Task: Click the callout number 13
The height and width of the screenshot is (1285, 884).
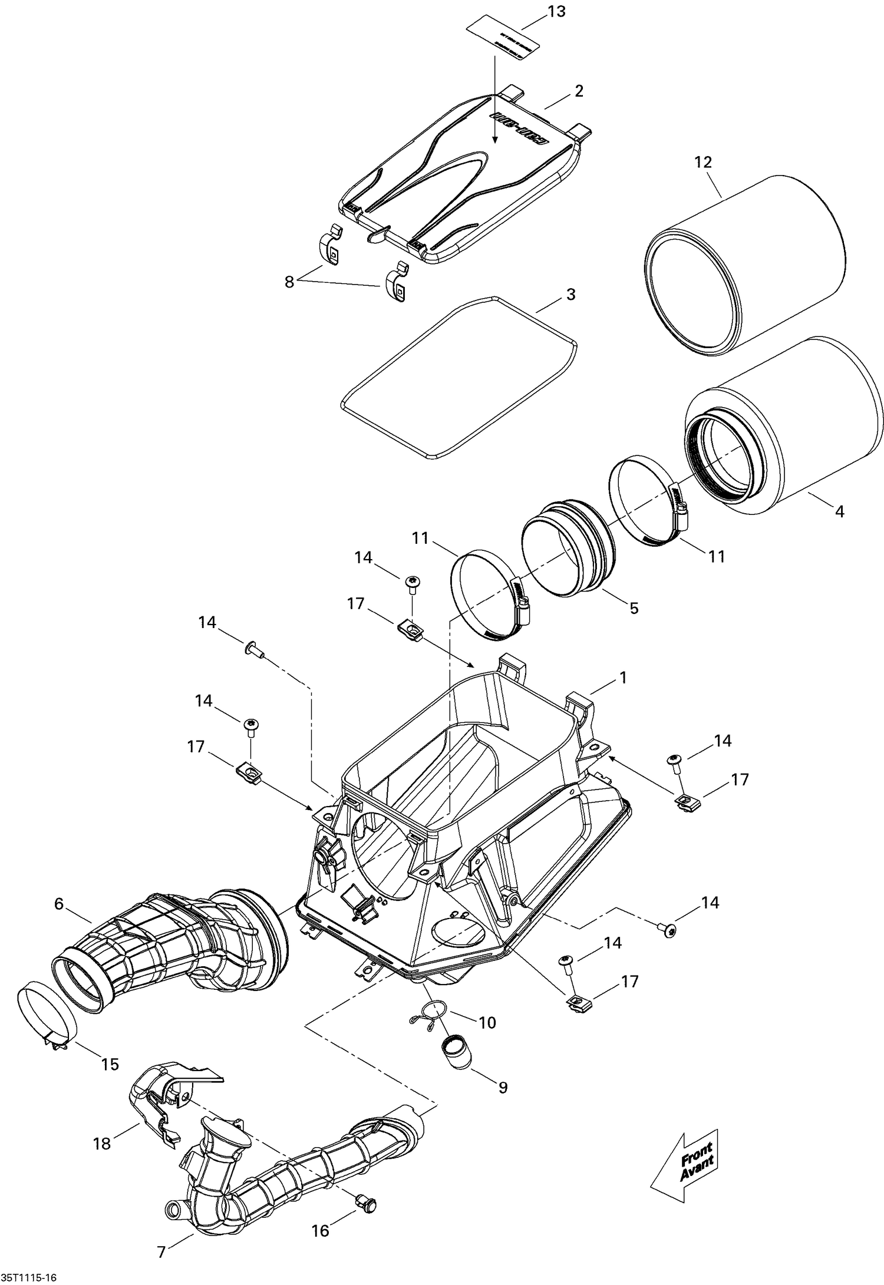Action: pos(556,11)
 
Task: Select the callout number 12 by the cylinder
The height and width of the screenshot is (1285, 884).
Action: pos(702,162)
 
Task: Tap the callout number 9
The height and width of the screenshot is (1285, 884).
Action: pos(503,1087)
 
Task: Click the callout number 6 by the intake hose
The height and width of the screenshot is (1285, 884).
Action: pos(58,903)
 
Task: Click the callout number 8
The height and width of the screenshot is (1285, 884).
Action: pos(289,282)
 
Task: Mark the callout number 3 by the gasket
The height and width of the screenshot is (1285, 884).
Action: pos(570,294)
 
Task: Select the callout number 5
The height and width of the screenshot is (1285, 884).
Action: pos(634,608)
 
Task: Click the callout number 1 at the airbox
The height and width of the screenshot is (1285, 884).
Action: pos(622,678)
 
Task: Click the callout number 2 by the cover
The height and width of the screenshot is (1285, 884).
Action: pos(579,91)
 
